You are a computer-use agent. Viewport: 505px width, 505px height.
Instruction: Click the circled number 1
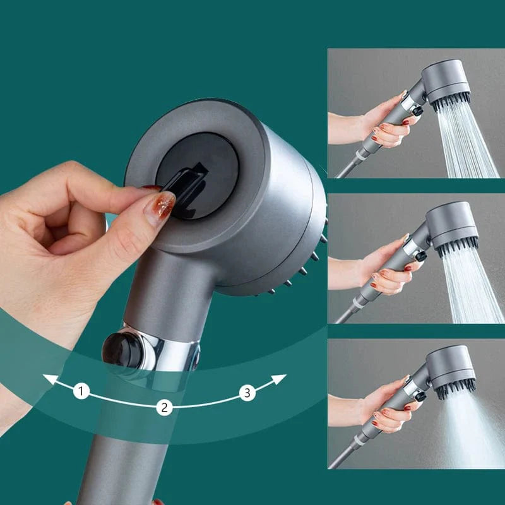click(x=81, y=391)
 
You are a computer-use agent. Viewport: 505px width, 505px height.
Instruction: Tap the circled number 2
click(x=165, y=407)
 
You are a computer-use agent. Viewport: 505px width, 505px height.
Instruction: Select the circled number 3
click(x=247, y=393)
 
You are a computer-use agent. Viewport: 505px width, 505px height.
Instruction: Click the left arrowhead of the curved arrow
click(x=47, y=379)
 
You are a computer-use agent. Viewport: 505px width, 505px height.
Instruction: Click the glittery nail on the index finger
click(x=159, y=207)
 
